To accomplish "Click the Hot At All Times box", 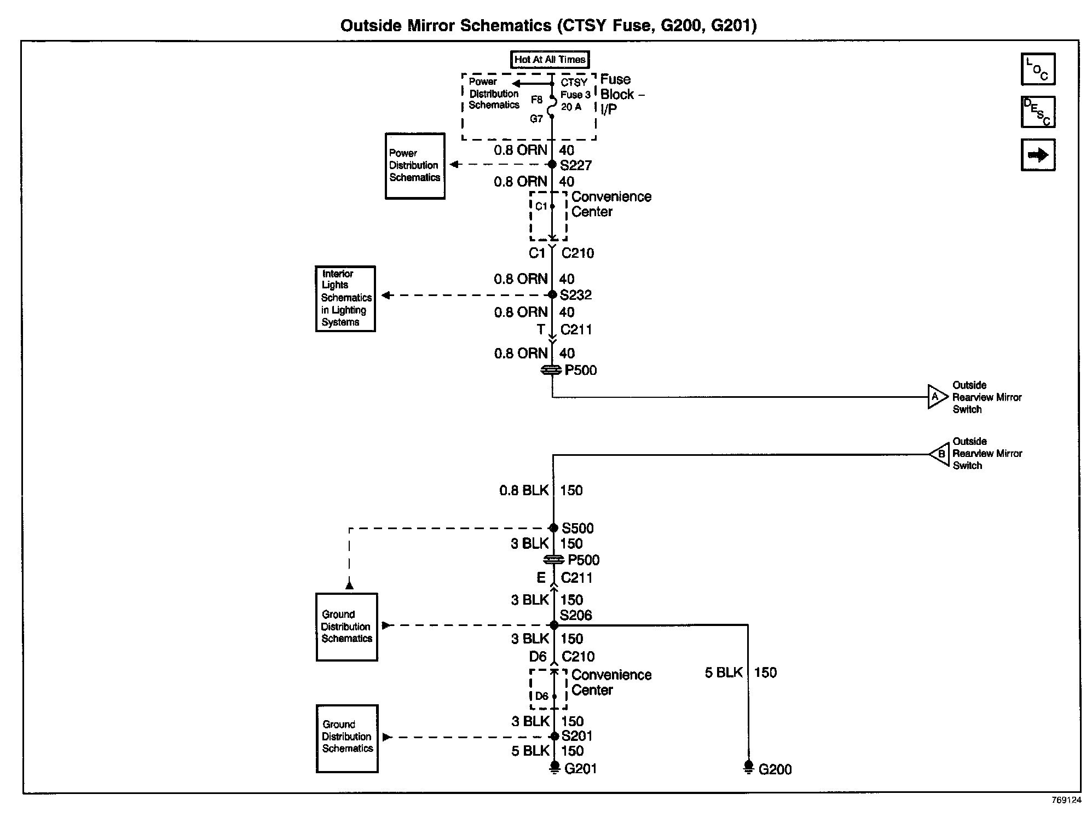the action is click(550, 59).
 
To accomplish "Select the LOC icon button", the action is click(1038, 69).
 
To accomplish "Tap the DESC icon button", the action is click(1038, 112).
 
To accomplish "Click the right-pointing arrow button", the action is click(1038, 155).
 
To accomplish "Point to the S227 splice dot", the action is click(552, 164).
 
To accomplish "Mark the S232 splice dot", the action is click(553, 295).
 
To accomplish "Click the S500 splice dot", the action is click(553, 528).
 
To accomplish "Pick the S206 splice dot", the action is click(554, 625).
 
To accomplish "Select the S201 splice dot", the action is click(554, 737).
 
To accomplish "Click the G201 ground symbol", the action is click(554, 768).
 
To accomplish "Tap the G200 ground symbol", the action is click(748, 767).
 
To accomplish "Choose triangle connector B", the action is click(939, 454).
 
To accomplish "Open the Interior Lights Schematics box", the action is click(345, 299).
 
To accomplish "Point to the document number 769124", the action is click(1066, 800).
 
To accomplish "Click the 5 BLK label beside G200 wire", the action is click(724, 673).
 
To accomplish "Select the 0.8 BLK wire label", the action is click(524, 490).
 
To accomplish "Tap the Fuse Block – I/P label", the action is click(622, 94).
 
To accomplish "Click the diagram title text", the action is click(548, 25).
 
